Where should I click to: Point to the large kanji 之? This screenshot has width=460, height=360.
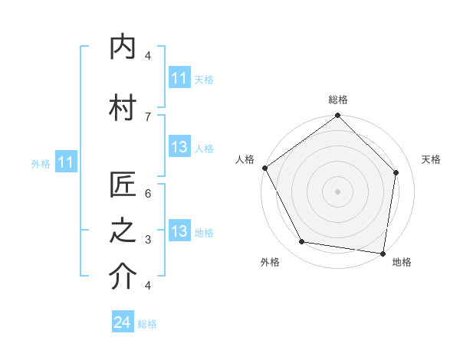(123, 232)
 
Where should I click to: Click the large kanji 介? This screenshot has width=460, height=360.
(123, 277)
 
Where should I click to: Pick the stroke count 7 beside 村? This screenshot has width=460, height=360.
(148, 116)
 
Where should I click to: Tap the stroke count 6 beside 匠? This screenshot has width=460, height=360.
(148, 194)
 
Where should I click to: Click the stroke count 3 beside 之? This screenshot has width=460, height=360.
(148, 240)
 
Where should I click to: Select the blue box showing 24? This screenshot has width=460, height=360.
(123, 322)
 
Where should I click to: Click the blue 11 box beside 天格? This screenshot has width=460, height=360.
(179, 78)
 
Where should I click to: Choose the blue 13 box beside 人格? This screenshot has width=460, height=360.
(179, 148)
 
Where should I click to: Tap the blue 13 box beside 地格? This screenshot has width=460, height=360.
(179, 232)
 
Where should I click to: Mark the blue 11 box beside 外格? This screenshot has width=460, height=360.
(65, 162)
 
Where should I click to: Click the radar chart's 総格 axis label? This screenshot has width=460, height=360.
(337, 100)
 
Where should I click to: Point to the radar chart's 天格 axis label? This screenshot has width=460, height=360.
(431, 159)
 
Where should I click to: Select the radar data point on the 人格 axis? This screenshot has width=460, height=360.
(264, 168)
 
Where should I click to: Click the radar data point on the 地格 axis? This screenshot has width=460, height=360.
(383, 252)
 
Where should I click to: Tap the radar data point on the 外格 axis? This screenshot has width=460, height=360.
(302, 242)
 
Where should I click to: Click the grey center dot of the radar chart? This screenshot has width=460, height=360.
(337, 191)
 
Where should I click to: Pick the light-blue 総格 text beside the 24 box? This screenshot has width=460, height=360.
(147, 324)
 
